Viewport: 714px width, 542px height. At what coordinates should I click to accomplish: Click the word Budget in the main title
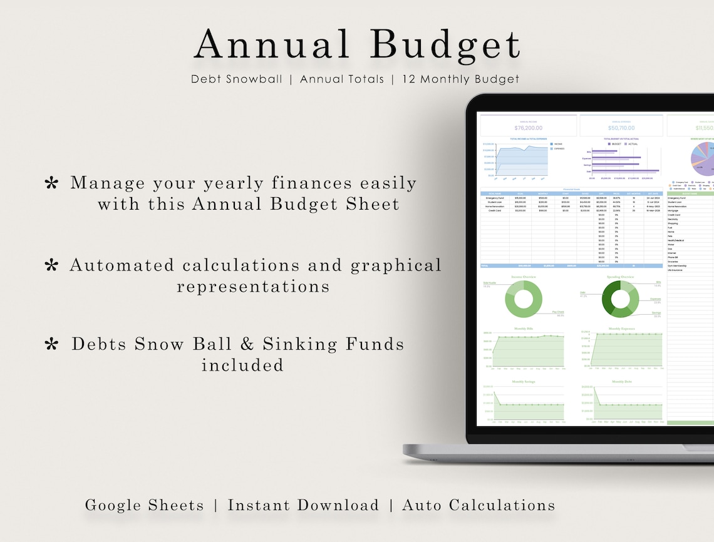445,46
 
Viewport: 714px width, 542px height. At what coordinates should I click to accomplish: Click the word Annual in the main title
272,46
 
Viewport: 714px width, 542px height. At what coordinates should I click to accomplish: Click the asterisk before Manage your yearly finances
51,183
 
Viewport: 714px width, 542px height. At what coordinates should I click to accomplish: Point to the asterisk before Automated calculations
51,266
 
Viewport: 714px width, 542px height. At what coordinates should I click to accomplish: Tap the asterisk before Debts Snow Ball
53,344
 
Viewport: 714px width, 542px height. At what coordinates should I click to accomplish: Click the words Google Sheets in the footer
144,506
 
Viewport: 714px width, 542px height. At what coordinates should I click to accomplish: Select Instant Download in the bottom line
303,506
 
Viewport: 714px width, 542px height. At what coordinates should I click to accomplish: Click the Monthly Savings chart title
524,381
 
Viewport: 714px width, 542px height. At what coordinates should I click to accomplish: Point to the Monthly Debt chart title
621,381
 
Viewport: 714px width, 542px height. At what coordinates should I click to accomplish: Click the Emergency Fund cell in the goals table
494,197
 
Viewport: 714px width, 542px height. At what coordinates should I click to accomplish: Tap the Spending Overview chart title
620,276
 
